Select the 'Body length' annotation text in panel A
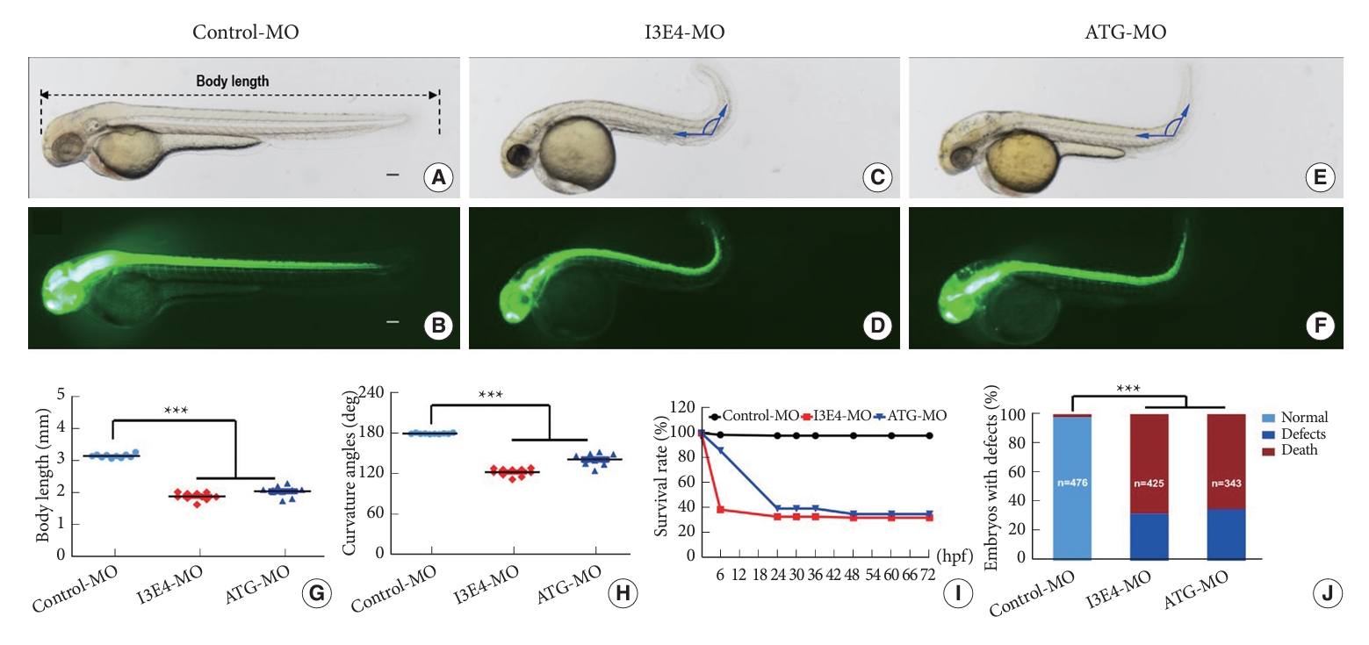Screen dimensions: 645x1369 coord(233,81)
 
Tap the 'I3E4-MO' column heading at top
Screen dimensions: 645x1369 coord(684,33)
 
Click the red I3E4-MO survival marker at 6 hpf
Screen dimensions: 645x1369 coord(721,509)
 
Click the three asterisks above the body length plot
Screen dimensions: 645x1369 coord(177,409)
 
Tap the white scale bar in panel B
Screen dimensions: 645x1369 coord(393,323)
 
